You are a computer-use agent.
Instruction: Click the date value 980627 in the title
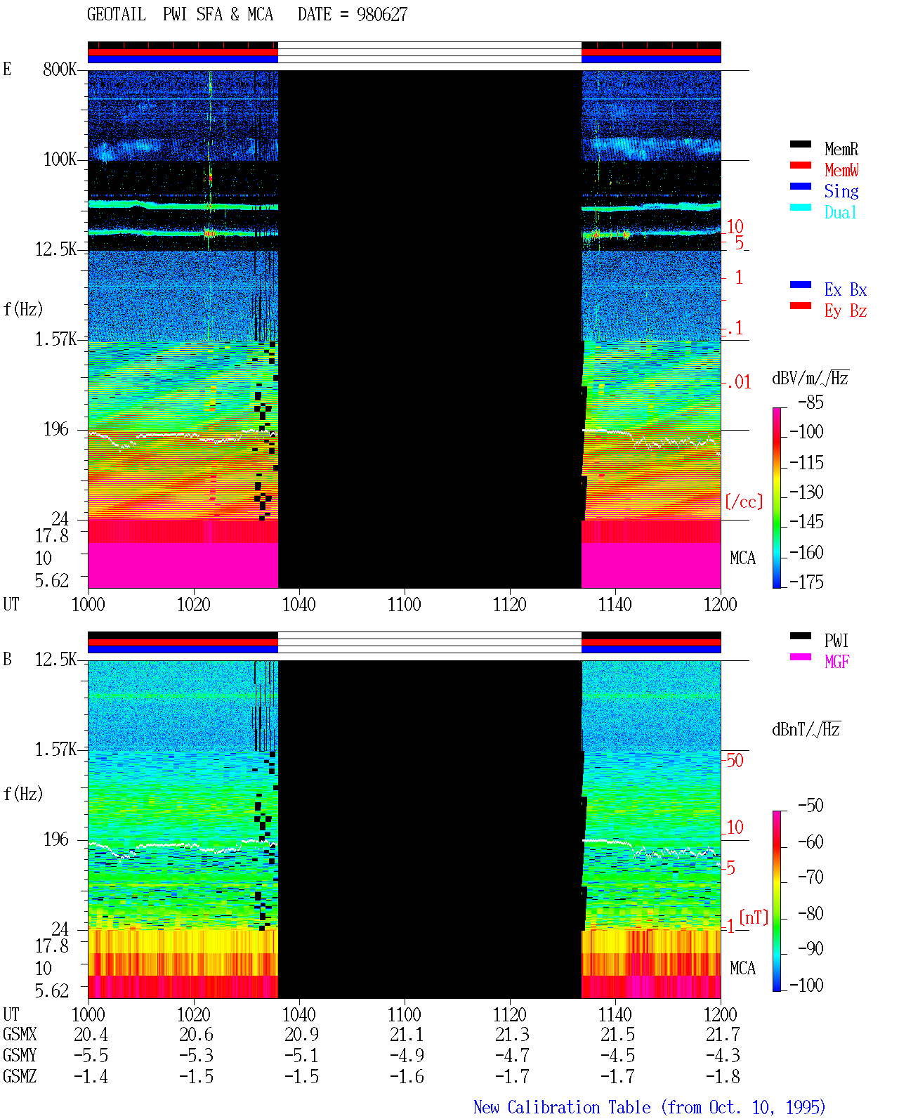click(x=381, y=15)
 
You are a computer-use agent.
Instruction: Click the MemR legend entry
click(x=841, y=149)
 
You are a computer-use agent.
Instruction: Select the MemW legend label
click(x=841, y=170)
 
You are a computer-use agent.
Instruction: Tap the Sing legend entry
click(x=841, y=191)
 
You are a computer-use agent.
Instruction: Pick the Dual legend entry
click(x=840, y=212)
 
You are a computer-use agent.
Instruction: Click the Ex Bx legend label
click(x=845, y=289)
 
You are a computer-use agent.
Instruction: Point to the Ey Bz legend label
click(x=845, y=311)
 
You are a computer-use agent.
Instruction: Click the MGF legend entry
click(x=836, y=662)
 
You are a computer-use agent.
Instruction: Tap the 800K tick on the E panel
click(x=60, y=69)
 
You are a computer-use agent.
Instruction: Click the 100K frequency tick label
click(x=60, y=159)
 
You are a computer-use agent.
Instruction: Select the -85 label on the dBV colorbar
click(x=811, y=402)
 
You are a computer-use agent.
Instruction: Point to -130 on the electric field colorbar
click(x=806, y=492)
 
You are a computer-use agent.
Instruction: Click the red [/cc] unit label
click(x=744, y=502)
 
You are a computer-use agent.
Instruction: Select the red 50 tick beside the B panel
click(x=735, y=761)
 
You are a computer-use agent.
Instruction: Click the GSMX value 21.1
click(x=407, y=1035)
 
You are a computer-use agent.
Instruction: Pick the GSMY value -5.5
click(x=91, y=1056)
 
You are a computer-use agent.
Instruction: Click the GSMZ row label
click(x=20, y=1076)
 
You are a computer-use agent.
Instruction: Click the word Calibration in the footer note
click(x=579, y=1108)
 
